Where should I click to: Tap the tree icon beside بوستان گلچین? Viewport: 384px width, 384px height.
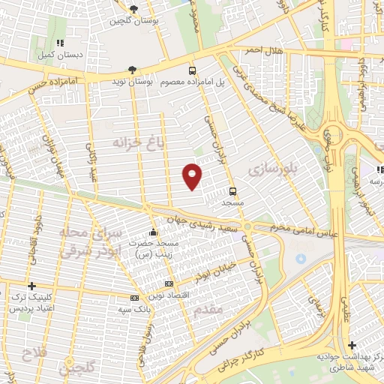pos(133,10)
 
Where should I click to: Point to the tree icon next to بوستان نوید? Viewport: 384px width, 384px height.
pos(132,69)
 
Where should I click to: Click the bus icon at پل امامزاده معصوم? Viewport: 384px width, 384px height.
pos(193,69)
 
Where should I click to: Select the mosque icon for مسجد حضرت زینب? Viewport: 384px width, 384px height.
pos(154,232)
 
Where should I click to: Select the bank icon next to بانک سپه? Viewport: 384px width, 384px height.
pos(132,298)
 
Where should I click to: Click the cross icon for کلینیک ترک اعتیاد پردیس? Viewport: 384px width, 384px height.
pos(31,286)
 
